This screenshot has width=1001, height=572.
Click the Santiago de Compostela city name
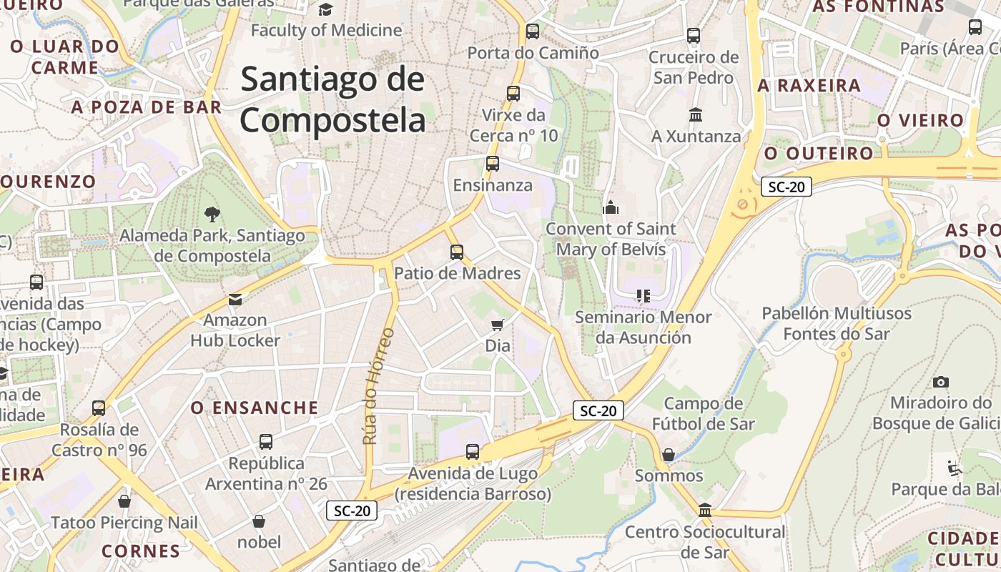click(332, 99)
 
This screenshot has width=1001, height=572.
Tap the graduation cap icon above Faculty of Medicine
click(326, 9)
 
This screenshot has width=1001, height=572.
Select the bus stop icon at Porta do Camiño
click(532, 31)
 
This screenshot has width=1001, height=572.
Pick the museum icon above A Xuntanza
click(695, 114)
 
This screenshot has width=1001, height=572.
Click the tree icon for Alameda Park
click(212, 213)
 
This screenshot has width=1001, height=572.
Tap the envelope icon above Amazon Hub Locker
click(235, 299)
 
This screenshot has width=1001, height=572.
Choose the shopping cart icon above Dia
click(498, 325)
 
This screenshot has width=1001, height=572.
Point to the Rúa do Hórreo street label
click(379, 386)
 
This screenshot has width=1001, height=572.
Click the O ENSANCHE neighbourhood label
click(254, 408)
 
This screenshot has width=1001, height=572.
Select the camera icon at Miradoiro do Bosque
click(941, 382)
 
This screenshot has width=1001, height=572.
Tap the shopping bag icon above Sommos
click(669, 455)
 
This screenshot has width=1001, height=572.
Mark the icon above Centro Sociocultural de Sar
click(705, 511)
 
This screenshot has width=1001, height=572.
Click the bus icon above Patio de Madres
click(457, 252)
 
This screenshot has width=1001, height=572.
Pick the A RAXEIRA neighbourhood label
click(809, 86)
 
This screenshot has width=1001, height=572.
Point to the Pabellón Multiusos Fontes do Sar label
click(837, 323)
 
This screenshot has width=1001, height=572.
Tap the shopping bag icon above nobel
click(259, 521)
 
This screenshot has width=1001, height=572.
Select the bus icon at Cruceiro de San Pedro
click(693, 36)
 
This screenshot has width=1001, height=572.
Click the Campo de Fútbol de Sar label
click(704, 413)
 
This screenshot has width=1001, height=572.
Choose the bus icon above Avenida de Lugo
click(472, 452)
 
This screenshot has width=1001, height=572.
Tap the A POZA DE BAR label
click(147, 107)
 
